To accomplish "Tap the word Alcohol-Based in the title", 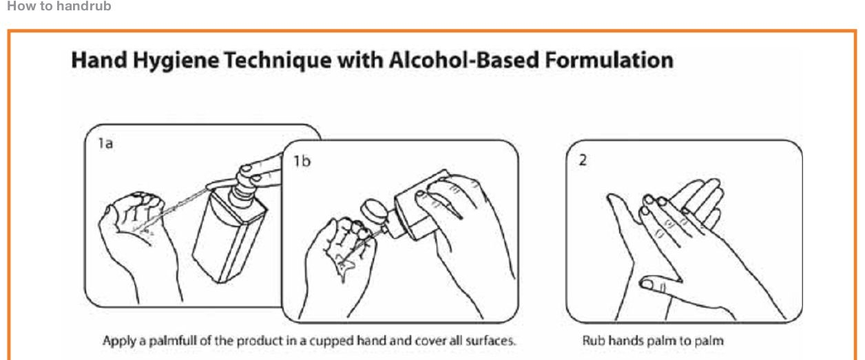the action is click(463, 60).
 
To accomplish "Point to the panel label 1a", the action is click(105, 144).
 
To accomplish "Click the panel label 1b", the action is click(302, 161).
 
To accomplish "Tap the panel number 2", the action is click(583, 160).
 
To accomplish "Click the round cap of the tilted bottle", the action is click(373, 211).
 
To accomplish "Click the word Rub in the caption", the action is click(591, 341).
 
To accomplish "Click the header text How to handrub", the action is click(59, 6).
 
